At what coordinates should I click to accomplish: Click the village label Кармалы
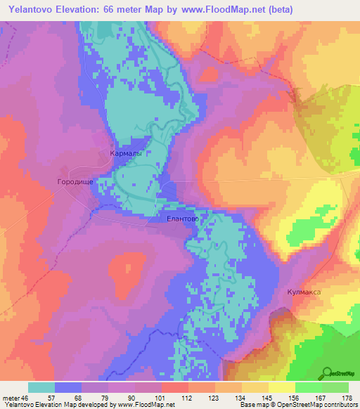pyautogui.click(x=127, y=152)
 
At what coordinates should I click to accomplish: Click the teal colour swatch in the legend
pyautogui.click(x=41, y=387)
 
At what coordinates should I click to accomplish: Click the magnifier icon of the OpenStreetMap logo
pyautogui.click(x=327, y=373)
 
